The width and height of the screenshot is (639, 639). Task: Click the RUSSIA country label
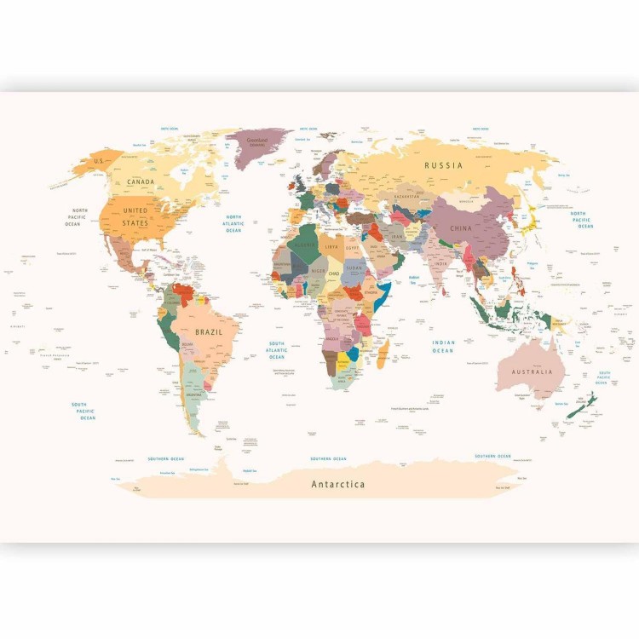click(x=443, y=165)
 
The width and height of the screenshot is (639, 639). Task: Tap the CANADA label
click(x=141, y=181)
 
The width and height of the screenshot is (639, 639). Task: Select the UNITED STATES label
click(x=135, y=215)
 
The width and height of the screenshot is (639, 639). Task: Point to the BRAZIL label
click(x=209, y=331)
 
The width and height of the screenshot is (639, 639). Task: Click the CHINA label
click(x=460, y=228)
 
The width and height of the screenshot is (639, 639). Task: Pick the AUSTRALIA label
click(x=532, y=371)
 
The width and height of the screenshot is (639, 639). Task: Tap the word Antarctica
click(x=338, y=484)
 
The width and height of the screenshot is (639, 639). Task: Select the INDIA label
click(x=440, y=263)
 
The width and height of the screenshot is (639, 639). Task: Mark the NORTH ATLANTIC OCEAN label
click(x=233, y=223)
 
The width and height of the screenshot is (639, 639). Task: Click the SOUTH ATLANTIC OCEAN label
click(x=276, y=349)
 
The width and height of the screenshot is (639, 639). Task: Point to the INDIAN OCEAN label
click(x=443, y=347)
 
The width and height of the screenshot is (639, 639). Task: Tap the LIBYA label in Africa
click(x=332, y=246)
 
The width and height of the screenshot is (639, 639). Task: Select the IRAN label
click(x=398, y=237)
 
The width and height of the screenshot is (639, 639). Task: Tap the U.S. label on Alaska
click(x=99, y=161)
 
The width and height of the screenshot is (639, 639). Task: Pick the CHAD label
click(x=334, y=273)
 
